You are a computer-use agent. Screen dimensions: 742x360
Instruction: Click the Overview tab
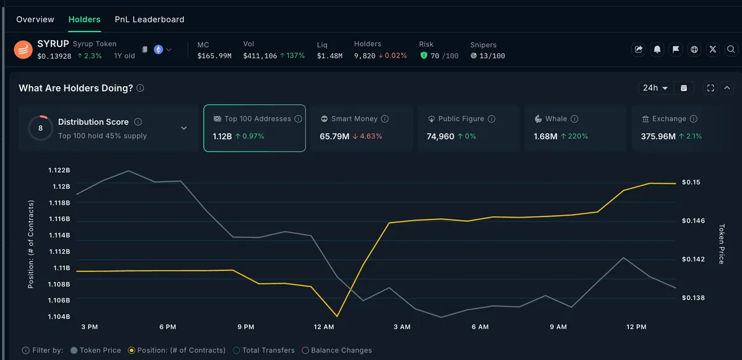pos(35,20)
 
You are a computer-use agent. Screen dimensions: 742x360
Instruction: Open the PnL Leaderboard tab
pos(150,20)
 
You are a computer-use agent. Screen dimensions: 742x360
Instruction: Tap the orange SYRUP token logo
pos(23,49)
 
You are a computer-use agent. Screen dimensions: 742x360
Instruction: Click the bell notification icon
pos(657,49)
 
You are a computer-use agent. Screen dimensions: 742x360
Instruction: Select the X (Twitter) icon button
pos(713,49)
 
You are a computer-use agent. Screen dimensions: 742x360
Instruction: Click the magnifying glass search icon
pos(731,49)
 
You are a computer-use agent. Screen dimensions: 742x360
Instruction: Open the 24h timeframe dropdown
pos(655,88)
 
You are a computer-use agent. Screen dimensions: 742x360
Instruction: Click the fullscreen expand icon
pos(710,88)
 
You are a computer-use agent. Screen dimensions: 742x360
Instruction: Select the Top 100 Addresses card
pos(254,128)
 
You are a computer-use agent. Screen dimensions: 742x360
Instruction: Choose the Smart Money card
pos(362,128)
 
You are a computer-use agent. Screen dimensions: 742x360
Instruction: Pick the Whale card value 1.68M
pos(545,136)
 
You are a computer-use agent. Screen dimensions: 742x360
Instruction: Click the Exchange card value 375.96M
pos(658,136)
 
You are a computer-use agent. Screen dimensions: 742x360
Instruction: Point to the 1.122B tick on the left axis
pos(59,170)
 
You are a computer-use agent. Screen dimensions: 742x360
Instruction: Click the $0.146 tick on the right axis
pos(693,221)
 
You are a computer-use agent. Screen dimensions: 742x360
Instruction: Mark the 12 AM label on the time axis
pos(324,327)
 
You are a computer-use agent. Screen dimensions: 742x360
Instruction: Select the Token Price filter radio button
pos(74,350)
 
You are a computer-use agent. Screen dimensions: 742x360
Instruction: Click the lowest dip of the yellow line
pos(337,316)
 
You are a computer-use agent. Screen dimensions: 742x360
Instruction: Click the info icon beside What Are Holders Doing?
pos(140,88)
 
